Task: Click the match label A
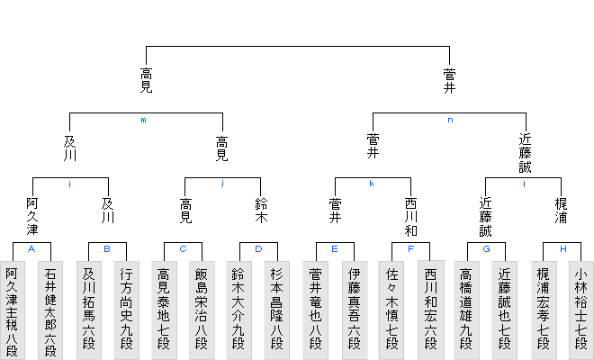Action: (x=32, y=248)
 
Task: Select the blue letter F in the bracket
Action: (x=410, y=248)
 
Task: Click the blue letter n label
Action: (x=448, y=120)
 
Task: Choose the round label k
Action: (x=373, y=184)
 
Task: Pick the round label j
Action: (x=221, y=184)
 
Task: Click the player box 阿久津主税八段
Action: (x=13, y=310)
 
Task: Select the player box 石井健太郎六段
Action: (x=50, y=310)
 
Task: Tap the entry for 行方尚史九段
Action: (x=126, y=310)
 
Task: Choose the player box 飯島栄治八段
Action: (x=202, y=310)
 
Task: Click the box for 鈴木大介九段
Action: (x=239, y=310)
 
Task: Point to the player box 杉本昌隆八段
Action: (x=277, y=310)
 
